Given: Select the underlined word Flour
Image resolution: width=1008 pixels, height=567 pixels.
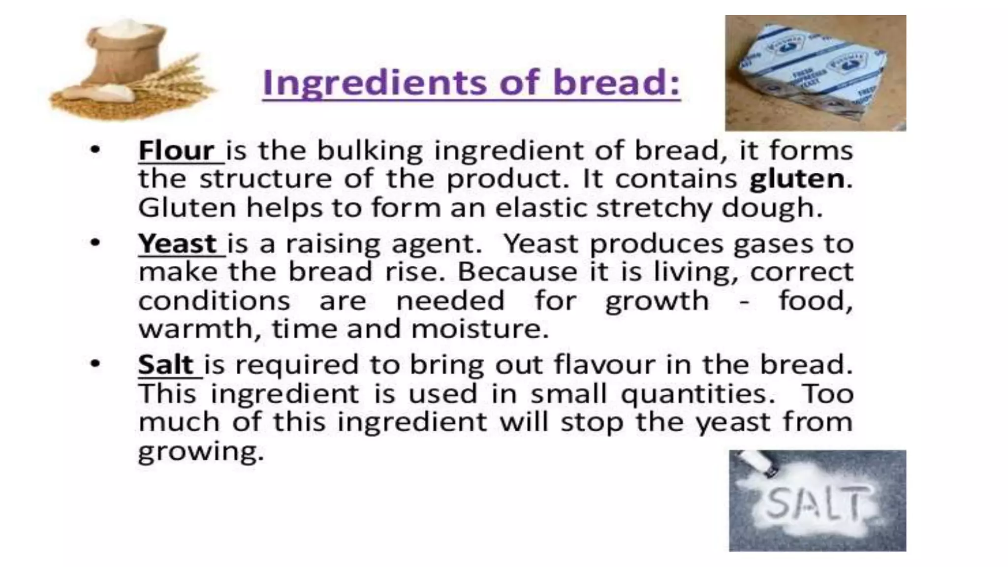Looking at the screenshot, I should coord(176,150).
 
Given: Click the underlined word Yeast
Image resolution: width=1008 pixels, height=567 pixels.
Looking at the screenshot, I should coord(177,244).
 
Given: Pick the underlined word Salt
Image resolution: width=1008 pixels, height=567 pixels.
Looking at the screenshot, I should coord(165,365).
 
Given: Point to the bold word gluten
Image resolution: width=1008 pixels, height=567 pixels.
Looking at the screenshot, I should coord(796,179).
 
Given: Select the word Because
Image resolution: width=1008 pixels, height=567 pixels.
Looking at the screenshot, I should coord(517,272).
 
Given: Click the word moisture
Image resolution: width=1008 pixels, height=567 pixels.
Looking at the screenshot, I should coord(480,329).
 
